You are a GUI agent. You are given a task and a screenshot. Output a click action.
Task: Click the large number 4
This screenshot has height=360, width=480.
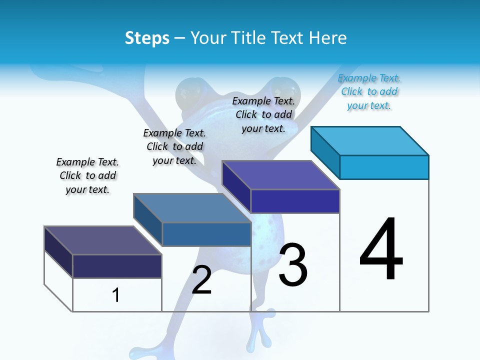(x=381, y=249)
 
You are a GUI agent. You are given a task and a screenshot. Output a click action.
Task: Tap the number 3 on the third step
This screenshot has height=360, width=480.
(x=293, y=265)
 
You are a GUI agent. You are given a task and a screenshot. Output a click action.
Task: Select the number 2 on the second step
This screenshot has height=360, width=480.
(x=201, y=279)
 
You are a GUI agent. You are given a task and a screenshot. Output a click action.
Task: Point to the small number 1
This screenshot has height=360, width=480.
(x=116, y=295)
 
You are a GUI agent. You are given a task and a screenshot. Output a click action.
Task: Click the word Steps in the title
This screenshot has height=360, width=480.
(x=147, y=38)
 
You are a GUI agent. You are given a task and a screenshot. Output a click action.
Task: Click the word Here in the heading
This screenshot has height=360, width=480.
(x=327, y=38)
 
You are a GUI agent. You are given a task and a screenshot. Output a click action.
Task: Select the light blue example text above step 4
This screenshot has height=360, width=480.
(x=369, y=92)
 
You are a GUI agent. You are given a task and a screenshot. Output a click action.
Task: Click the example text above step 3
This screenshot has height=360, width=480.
(x=263, y=114)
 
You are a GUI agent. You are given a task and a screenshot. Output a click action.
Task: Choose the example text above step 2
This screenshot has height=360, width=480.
(x=174, y=146)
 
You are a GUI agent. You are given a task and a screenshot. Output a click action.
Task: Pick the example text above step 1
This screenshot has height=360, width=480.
(x=87, y=175)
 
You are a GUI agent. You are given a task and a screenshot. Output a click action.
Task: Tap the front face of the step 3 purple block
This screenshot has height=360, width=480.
(x=295, y=201)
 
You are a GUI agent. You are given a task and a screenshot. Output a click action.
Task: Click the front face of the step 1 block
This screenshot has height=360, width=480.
(x=117, y=266)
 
